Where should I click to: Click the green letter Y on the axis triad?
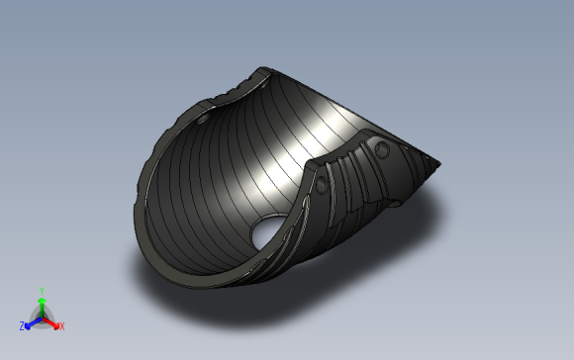(42, 291)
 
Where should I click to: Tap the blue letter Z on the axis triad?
(22, 326)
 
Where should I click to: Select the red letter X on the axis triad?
(62, 326)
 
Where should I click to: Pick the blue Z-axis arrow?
(34, 322)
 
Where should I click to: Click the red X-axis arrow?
(50, 322)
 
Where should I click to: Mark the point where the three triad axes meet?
(43, 318)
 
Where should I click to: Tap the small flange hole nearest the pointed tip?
(382, 149)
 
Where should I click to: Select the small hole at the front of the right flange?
(321, 185)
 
